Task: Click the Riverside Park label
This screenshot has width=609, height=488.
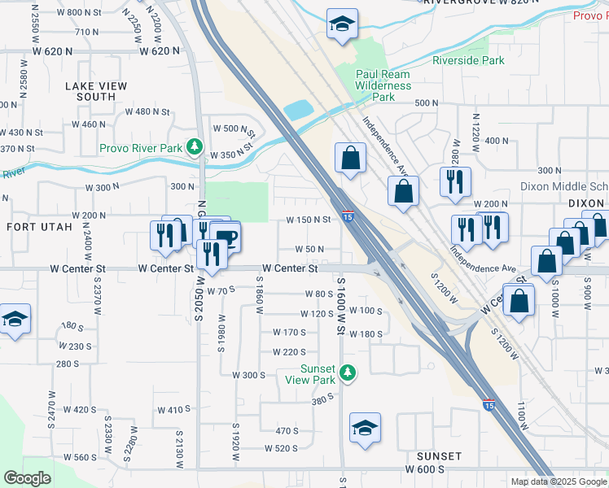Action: coord(468,60)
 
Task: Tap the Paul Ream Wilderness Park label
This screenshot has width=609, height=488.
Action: coord(383,85)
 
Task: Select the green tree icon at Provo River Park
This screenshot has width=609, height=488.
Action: coord(195,147)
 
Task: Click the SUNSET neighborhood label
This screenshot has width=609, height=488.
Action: coord(440,456)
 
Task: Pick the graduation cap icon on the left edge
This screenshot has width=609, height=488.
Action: coord(15,319)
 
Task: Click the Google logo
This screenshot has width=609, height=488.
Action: coord(27,478)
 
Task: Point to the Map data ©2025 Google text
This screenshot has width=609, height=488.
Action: coord(559,481)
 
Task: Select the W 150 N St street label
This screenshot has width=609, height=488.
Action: coord(309,220)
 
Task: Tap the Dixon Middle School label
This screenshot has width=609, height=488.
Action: coord(564,186)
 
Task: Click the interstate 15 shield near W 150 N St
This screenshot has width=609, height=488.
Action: coord(348,216)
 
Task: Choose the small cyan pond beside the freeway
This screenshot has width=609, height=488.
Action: coord(298,110)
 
